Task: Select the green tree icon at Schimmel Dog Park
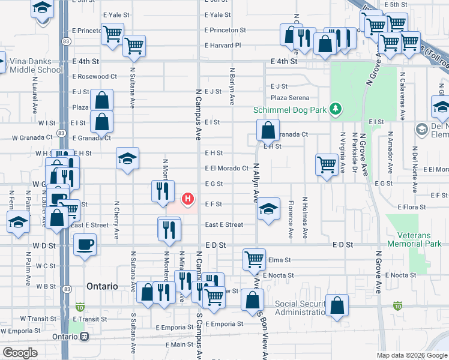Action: click(x=337, y=109)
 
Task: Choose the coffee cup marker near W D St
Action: click(x=85, y=244)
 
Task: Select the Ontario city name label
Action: click(x=101, y=286)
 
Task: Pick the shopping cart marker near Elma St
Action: click(x=254, y=260)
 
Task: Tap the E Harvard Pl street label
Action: click(x=222, y=45)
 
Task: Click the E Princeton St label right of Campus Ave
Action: click(x=225, y=30)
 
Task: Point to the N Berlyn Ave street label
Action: click(x=231, y=84)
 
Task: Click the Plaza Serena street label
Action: click(x=290, y=98)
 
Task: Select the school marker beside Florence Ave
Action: click(x=268, y=208)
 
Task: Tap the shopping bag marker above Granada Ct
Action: click(x=267, y=129)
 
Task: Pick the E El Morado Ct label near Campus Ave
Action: click(x=226, y=169)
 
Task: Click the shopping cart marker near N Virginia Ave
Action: click(x=327, y=164)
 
